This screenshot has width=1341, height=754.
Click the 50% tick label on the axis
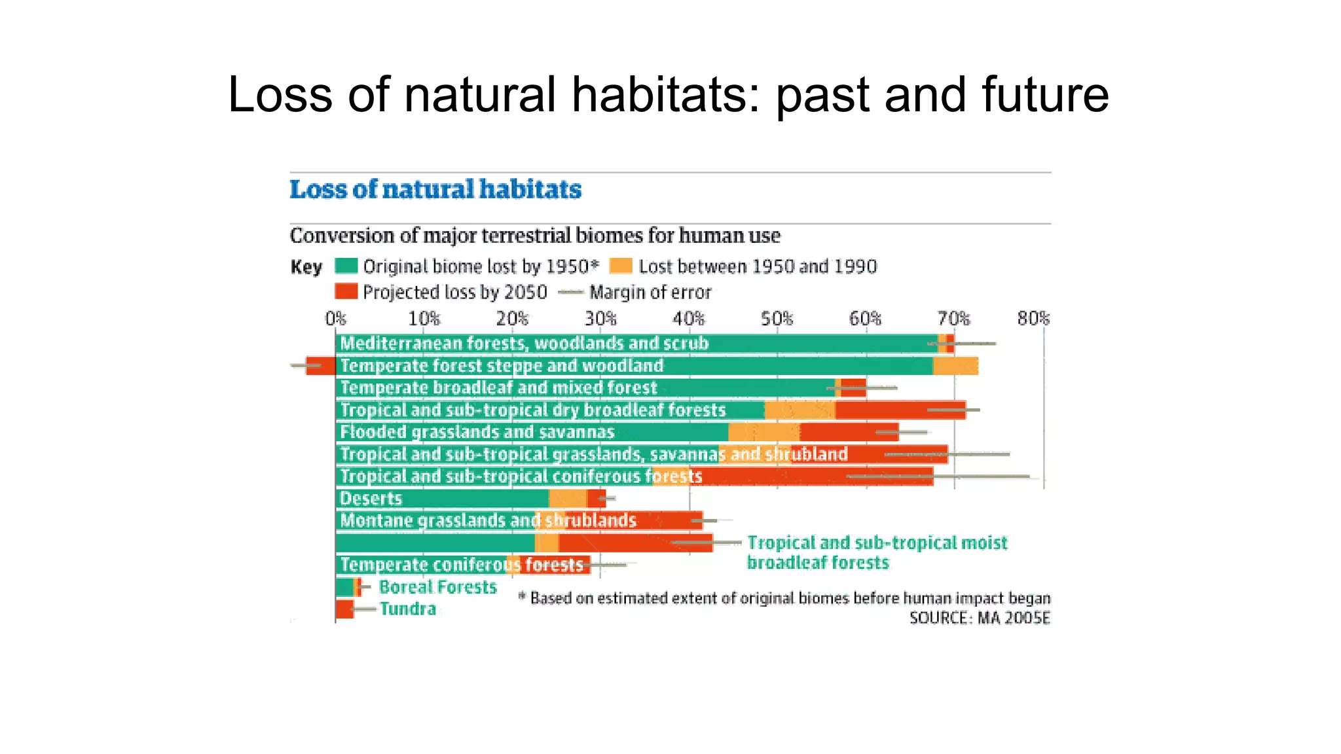click(x=777, y=319)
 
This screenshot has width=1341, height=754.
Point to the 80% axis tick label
click(x=1033, y=319)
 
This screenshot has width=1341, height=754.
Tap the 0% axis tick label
click(x=335, y=319)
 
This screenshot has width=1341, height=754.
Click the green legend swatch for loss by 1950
click(x=346, y=266)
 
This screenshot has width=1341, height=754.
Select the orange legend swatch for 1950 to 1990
click(x=621, y=266)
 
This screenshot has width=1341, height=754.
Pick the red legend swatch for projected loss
click(x=346, y=291)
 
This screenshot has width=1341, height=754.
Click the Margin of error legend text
click(x=650, y=292)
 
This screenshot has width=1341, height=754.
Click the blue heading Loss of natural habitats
click(x=435, y=189)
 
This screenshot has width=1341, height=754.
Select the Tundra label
click(x=407, y=609)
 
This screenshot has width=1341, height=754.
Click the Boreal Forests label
click(x=437, y=586)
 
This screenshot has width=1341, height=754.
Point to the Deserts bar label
click(x=371, y=499)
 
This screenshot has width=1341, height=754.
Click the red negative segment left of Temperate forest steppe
click(x=321, y=365)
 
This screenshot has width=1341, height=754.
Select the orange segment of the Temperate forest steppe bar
click(x=955, y=366)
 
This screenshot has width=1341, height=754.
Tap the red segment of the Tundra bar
click(x=344, y=609)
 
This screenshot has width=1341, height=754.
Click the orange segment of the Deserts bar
click(x=568, y=499)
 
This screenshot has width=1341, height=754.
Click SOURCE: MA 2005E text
click(x=980, y=618)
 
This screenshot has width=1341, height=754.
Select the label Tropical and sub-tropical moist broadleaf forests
click(x=877, y=552)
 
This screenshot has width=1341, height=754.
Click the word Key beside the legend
click(x=306, y=267)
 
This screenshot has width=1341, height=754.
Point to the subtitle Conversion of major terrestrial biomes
click(x=535, y=236)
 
